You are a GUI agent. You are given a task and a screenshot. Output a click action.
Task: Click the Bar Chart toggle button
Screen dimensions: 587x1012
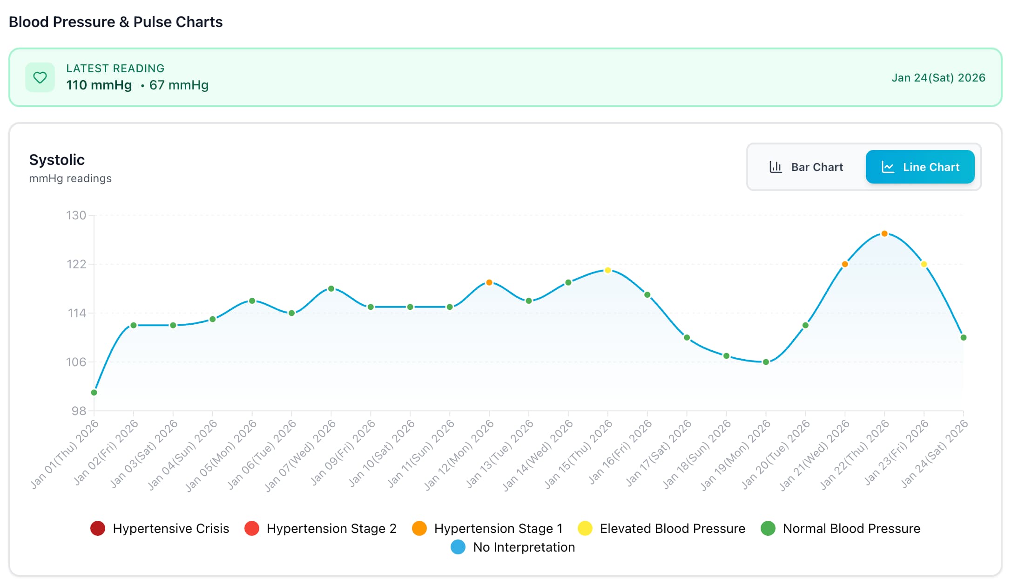[806, 167]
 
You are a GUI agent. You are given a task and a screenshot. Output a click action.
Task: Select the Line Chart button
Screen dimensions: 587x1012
[920, 167]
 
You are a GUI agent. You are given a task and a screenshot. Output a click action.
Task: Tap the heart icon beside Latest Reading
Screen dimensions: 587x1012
[40, 77]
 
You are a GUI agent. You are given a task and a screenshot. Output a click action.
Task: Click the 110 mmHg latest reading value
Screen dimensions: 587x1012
[99, 85]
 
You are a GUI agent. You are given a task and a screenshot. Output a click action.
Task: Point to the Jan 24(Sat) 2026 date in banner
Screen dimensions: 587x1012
[938, 78]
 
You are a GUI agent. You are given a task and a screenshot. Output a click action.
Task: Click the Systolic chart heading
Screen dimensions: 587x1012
[57, 160]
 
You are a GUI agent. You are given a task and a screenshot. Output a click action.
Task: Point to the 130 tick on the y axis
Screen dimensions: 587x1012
[76, 215]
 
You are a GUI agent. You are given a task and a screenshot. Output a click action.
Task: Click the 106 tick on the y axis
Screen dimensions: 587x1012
[76, 362]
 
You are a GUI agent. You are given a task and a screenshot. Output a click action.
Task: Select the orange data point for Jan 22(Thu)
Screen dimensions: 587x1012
[884, 233]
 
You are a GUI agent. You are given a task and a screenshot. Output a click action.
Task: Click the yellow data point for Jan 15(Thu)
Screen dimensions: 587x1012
[607, 270]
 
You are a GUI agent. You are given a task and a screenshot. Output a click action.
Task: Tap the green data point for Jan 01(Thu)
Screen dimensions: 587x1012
[94, 392]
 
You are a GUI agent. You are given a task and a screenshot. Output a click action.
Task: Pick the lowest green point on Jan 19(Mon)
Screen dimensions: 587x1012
[766, 362]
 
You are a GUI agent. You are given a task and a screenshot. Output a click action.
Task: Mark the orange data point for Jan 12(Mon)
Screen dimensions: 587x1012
[489, 282]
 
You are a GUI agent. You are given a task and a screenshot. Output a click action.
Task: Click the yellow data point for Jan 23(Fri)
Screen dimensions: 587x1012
[924, 264]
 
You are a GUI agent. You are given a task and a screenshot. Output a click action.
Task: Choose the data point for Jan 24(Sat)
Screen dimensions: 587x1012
[964, 337]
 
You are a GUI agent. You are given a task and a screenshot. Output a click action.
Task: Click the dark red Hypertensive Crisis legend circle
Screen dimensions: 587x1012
[98, 528]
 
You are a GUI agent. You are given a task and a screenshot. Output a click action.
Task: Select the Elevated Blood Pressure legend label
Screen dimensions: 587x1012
[672, 528]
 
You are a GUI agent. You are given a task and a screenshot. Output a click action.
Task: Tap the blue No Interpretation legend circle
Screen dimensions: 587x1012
[458, 547]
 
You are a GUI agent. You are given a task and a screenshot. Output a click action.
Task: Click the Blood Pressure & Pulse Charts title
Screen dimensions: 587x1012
[115, 22]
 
